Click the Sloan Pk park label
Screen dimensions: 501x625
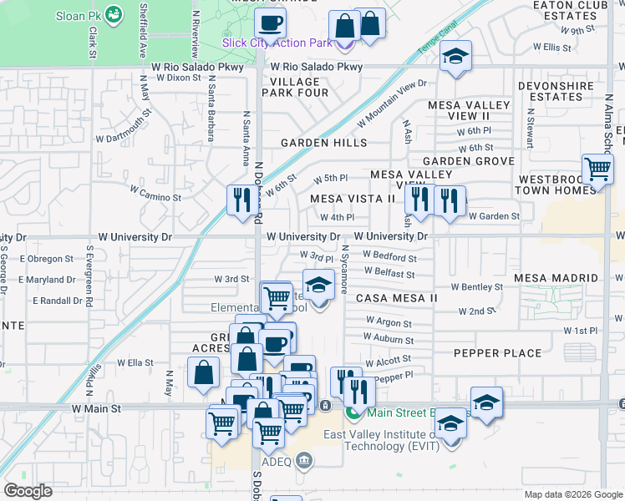click(x=79, y=15)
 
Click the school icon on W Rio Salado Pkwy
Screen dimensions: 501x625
click(x=455, y=57)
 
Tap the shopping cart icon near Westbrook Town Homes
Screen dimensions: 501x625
click(x=598, y=169)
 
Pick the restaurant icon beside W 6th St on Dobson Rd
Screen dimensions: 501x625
click(x=240, y=200)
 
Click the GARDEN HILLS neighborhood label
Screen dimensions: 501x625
click(x=323, y=143)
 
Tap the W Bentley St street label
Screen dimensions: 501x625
click(x=476, y=286)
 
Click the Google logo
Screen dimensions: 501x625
click(x=28, y=491)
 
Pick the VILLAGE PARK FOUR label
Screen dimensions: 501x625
click(x=295, y=87)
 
